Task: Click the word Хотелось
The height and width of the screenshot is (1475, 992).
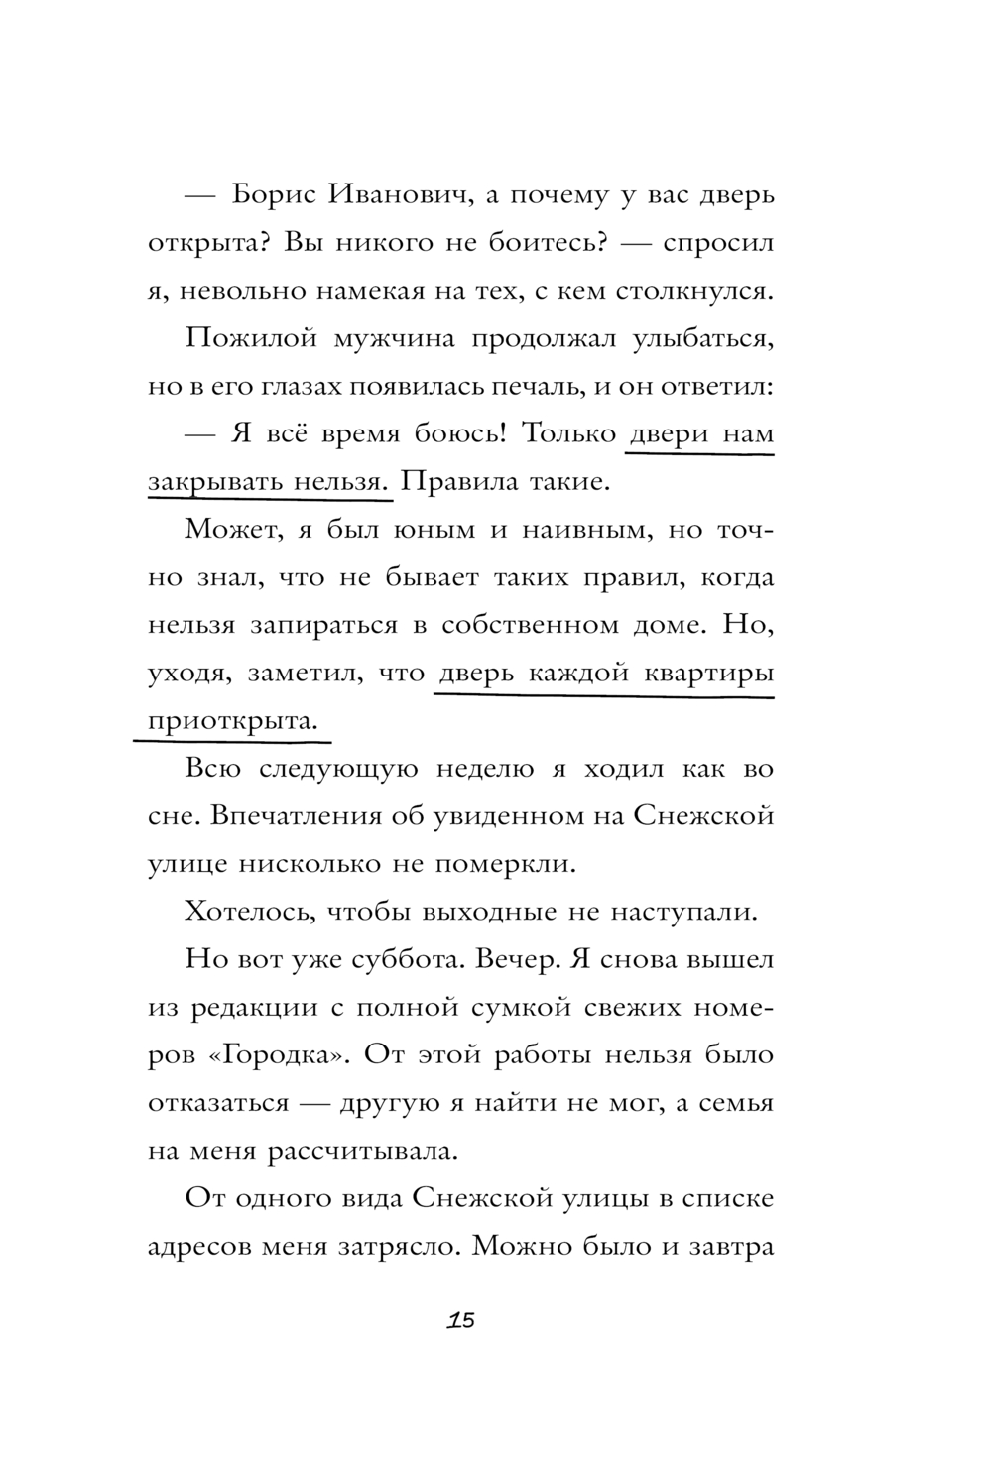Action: pos(249,912)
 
